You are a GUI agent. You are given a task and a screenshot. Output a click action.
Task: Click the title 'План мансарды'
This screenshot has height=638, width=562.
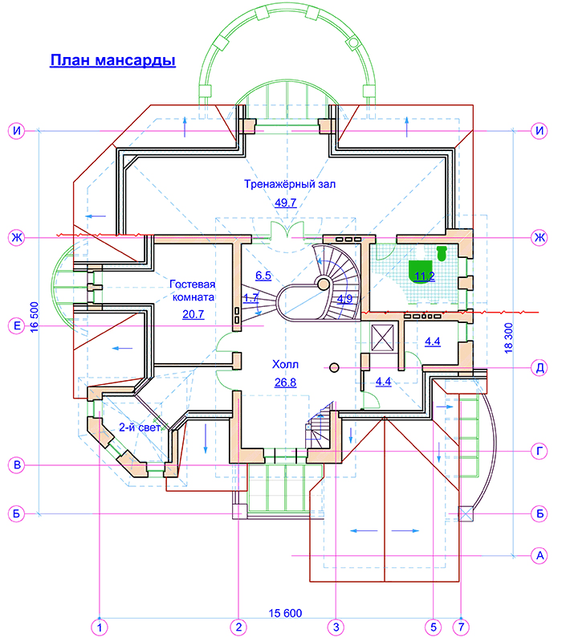[112, 60]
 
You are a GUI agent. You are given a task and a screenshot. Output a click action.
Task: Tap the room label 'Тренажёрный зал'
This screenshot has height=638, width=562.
[290, 184]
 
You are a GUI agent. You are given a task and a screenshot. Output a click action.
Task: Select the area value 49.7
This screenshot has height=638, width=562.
[286, 202]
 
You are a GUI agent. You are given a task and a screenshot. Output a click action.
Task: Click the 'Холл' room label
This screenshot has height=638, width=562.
[285, 364]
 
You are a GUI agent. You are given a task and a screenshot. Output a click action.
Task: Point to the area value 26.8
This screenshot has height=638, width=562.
[286, 382]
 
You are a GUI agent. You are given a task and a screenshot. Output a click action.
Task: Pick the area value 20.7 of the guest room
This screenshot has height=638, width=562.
[193, 314]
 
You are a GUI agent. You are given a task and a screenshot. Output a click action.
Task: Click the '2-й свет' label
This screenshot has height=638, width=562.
[140, 427]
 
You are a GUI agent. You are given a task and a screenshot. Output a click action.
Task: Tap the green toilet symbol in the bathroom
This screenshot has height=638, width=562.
[442, 253]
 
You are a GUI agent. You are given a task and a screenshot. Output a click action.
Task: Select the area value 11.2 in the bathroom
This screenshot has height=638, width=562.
[425, 276]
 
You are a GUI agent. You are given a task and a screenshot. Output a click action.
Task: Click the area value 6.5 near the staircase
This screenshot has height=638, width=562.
[263, 276]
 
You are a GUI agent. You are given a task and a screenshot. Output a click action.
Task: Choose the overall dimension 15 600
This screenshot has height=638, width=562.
[285, 613]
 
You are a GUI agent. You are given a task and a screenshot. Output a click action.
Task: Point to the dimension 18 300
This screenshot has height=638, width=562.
[508, 338]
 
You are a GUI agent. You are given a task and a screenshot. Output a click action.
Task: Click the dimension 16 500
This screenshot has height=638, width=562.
[35, 317]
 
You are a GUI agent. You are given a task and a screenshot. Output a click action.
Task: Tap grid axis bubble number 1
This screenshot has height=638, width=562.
[100, 627]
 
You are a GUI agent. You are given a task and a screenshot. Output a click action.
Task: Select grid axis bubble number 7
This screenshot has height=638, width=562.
[461, 627]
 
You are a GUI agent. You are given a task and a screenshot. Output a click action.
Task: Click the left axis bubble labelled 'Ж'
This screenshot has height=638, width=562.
[17, 237]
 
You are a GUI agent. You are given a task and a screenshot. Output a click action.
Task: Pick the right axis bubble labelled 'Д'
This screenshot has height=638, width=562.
[540, 368]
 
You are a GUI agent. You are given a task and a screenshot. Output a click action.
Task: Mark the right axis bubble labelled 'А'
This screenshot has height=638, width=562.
[540, 555]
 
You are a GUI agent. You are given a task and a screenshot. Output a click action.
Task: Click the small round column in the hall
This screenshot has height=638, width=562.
[334, 368]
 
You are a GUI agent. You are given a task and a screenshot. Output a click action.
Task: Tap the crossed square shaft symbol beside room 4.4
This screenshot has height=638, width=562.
[383, 337]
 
